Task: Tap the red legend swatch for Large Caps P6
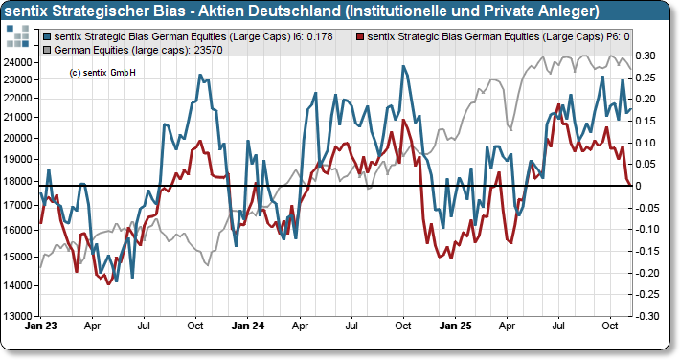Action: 360,36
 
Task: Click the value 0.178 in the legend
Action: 322,36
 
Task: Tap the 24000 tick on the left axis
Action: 20,62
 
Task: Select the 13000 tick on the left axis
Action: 20,315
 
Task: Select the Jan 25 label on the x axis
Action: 455,326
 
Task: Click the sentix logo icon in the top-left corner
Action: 18,37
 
